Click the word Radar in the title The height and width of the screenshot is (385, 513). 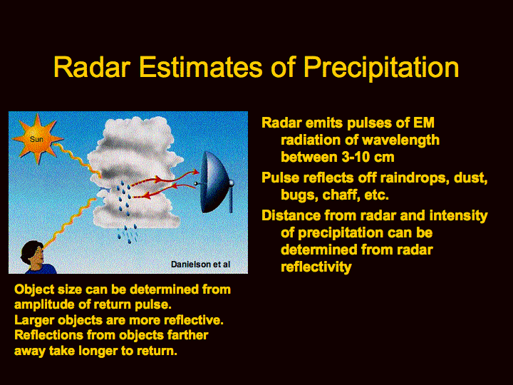(x=92, y=67)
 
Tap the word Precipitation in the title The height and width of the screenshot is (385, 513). (x=381, y=68)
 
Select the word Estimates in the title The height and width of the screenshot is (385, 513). (x=200, y=67)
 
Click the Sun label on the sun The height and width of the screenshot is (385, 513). (x=36, y=139)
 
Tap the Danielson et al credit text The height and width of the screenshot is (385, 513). (x=200, y=265)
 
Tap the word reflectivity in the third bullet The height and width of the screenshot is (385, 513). (x=316, y=267)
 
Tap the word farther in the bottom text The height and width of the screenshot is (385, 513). (x=187, y=335)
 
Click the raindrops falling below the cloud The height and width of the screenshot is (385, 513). (x=128, y=234)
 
